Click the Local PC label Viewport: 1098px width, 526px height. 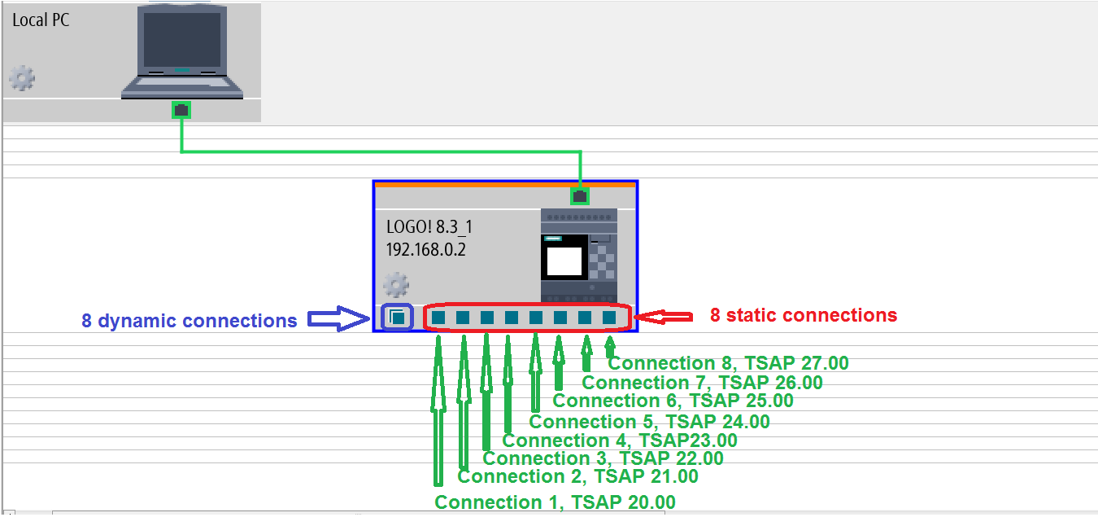coord(41,20)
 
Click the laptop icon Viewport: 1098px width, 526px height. coord(181,50)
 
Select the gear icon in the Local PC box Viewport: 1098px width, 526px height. coord(22,78)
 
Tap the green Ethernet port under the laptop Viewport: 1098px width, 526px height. coord(181,109)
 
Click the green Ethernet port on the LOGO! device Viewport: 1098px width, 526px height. coord(580,195)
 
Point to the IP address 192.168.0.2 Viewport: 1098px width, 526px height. coord(427,248)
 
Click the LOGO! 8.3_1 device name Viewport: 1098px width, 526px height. coord(429,227)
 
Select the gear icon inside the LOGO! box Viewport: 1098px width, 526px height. coord(395,285)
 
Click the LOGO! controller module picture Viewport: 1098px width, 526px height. coord(578,256)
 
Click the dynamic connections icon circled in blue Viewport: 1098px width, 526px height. coord(397,317)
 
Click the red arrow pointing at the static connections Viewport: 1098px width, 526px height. coord(663,316)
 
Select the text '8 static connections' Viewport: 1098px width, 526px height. coord(803,315)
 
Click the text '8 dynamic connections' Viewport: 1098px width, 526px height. coord(189,321)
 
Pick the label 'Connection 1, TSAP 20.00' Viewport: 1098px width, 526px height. coord(555,502)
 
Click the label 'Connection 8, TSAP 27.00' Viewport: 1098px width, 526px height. coord(728,363)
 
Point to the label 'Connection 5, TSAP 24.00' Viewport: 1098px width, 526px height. coord(649,421)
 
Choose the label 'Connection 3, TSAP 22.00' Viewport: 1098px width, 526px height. coord(603,458)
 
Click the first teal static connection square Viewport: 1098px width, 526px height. coord(438,317)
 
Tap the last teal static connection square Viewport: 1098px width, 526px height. coord(609,317)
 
